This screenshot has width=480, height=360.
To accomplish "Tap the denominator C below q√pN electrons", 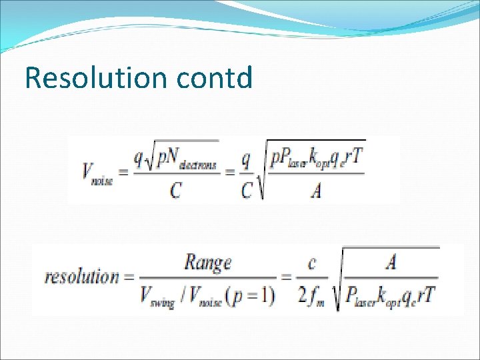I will click(175, 191).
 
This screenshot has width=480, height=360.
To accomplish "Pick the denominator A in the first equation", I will click(315, 192).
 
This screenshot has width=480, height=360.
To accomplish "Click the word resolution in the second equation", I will click(81, 277).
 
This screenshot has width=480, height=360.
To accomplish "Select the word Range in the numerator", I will click(207, 262).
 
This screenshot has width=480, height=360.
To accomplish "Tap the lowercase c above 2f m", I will click(312, 263).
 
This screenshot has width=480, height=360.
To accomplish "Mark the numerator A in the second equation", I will click(391, 262).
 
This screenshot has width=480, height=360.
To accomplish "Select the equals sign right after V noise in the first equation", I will click(121, 172).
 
